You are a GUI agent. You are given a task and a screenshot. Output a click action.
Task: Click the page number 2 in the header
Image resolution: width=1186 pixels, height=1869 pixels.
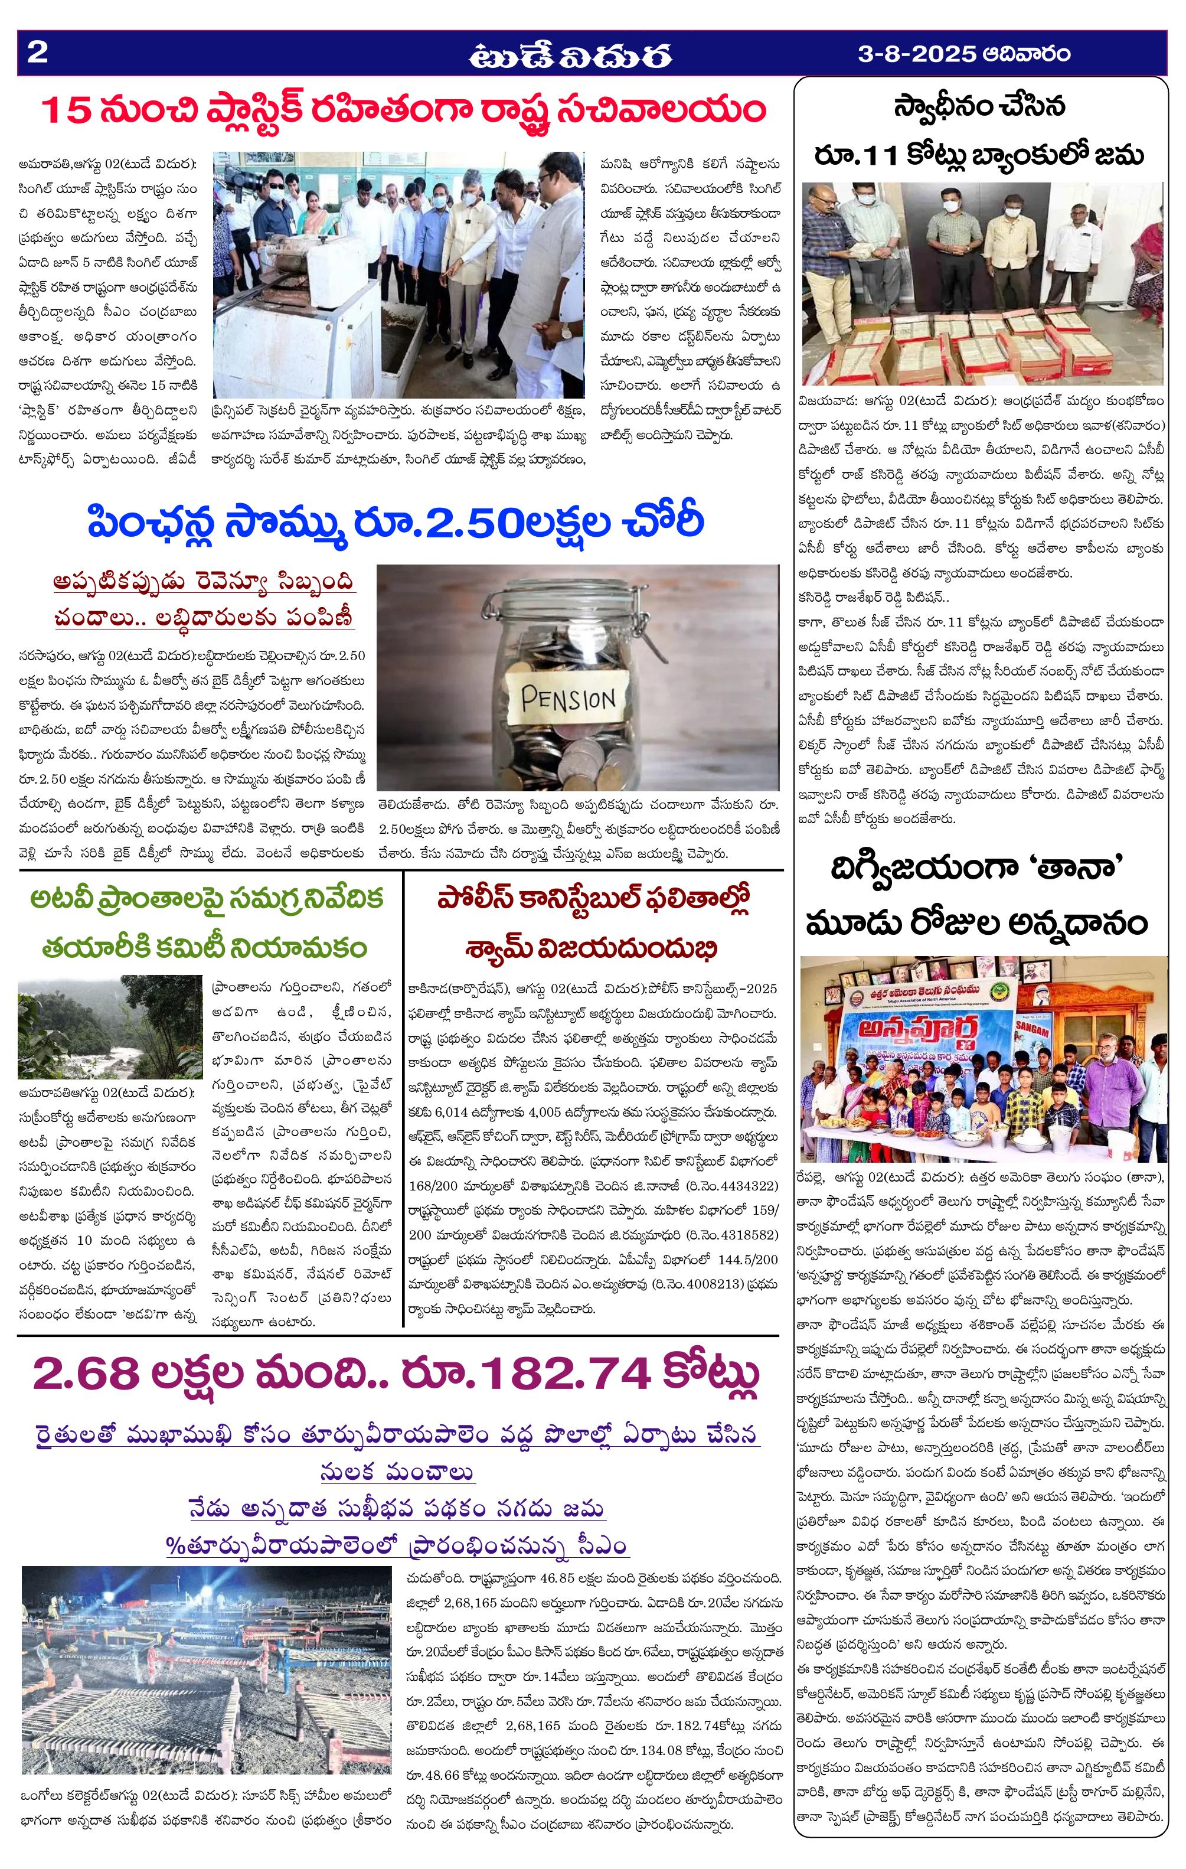click(37, 53)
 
